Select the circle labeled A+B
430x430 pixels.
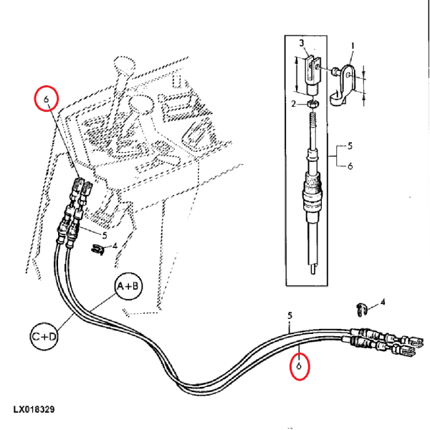[x=129, y=287]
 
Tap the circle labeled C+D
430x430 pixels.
[x=44, y=335]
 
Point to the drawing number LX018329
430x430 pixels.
[x=34, y=411]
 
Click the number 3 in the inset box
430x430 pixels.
[x=302, y=44]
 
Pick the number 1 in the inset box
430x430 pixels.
[x=352, y=46]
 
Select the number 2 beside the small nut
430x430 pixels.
[x=293, y=105]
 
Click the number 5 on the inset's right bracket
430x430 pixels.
[x=350, y=146]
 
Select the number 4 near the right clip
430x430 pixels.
[x=382, y=302]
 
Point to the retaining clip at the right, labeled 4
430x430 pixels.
[x=361, y=309]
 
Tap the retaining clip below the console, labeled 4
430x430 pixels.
[x=97, y=249]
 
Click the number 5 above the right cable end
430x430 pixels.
[x=290, y=315]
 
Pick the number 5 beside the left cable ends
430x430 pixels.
[x=104, y=234]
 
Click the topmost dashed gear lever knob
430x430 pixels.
[x=123, y=67]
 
